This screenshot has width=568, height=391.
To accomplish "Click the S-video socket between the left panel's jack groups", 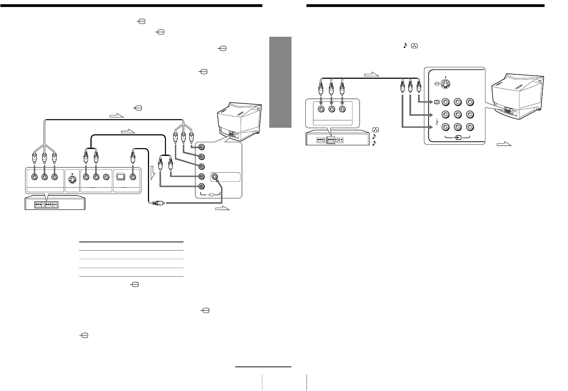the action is pos(72,178).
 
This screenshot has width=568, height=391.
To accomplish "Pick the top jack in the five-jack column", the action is pos(201,147).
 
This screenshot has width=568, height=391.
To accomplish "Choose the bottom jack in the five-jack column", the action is pos(201,187).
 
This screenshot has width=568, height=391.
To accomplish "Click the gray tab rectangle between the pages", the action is pos(280,82).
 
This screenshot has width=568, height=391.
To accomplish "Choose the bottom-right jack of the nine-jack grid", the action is pos(470,127).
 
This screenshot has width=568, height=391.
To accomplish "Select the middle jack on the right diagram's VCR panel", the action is pos(331,109).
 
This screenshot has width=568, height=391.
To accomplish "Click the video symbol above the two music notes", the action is pos(375,129).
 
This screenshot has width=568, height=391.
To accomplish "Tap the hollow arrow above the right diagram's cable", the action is pos(371,74).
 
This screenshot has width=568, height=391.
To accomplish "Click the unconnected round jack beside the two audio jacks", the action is pos(106,177).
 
